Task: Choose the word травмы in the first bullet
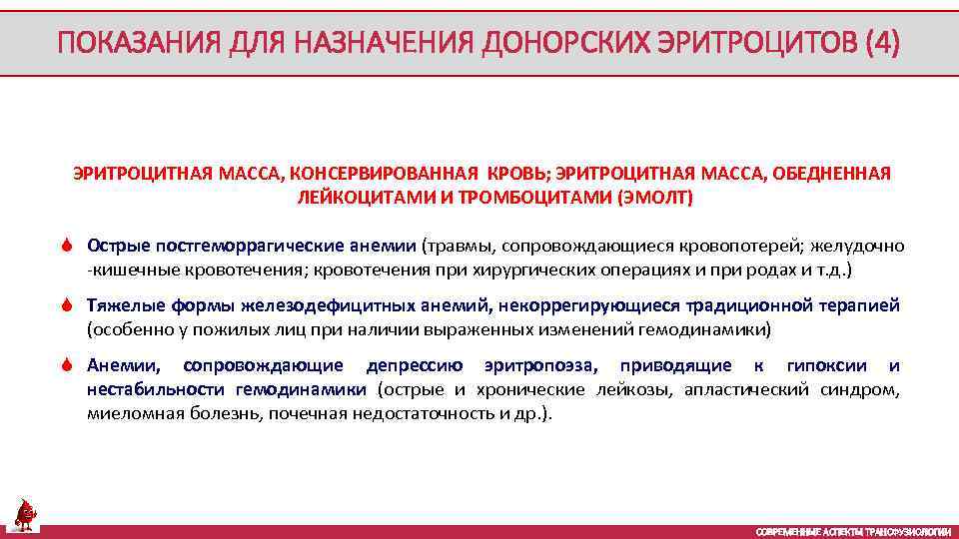coord(456,246)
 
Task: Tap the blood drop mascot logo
coord(23,515)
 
